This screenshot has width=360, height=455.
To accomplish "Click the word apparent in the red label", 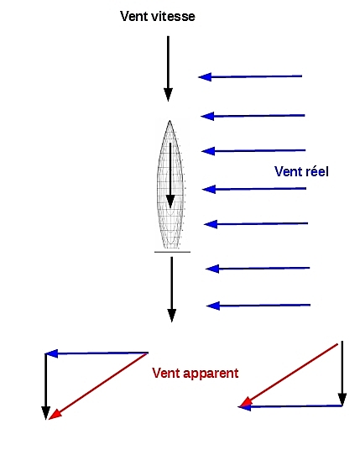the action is pyautogui.click(x=213, y=374).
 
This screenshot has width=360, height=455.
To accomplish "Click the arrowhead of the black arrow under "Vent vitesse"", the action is pyautogui.click(x=168, y=95).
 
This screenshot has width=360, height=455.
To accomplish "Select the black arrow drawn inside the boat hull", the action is pyautogui.click(x=170, y=175).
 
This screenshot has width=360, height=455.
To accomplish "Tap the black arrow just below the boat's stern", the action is pyautogui.click(x=172, y=290).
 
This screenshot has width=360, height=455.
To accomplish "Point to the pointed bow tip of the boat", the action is pyautogui.click(x=170, y=121).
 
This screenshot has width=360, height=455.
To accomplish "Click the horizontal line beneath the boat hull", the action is pyautogui.click(x=172, y=252).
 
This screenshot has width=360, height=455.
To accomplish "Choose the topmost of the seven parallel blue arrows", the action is pyautogui.click(x=250, y=76).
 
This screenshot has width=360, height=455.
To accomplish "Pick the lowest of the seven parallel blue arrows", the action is pyautogui.click(x=258, y=306).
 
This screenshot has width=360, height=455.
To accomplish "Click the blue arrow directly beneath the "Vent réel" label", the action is pyautogui.click(x=254, y=189).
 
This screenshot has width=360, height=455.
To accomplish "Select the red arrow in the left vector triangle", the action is pyautogui.click(x=99, y=386).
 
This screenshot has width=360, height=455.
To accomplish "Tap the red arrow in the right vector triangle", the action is pyautogui.click(x=288, y=375).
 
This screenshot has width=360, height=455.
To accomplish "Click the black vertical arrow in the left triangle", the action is pyautogui.click(x=46, y=386).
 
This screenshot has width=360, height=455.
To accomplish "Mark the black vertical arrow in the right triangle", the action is pyautogui.click(x=342, y=374).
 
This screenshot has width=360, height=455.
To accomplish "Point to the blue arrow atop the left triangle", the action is pyautogui.click(x=97, y=353).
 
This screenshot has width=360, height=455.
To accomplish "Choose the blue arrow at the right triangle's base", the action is pyautogui.click(x=290, y=406).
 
